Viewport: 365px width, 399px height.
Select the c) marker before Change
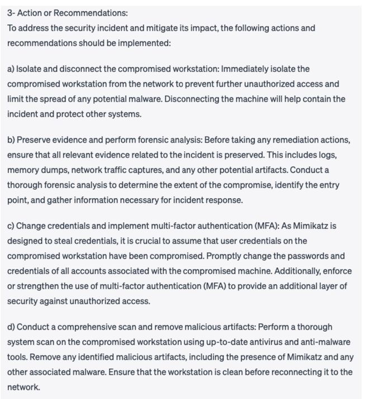pyautogui.click(x=11, y=226)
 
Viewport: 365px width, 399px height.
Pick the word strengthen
pyautogui.click(x=35, y=286)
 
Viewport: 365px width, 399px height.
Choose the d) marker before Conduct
pyautogui.click(x=11, y=327)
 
